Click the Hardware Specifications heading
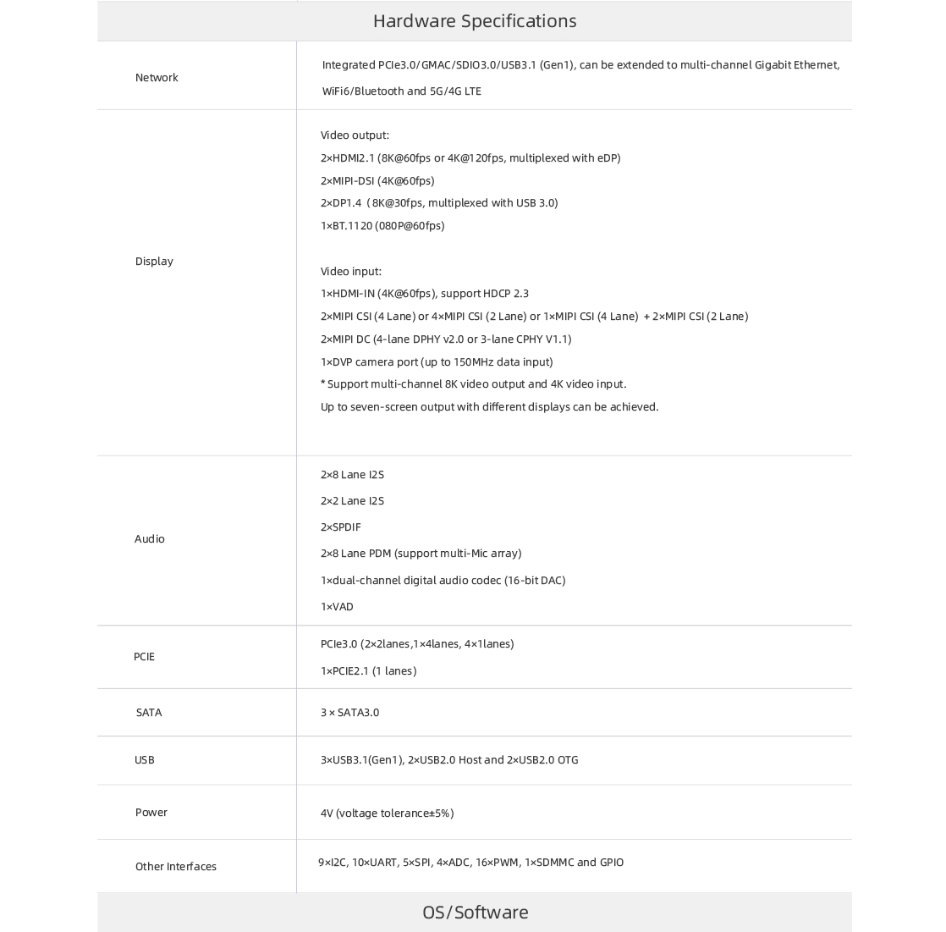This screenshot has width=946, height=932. (475, 21)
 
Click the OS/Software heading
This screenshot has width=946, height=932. (475, 912)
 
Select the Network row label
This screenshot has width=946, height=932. (157, 78)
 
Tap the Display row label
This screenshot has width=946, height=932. (154, 262)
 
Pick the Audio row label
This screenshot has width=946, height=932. (150, 539)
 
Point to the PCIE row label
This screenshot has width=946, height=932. (144, 657)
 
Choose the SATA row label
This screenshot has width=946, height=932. (149, 713)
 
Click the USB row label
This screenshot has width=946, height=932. (145, 760)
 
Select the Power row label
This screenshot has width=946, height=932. (151, 813)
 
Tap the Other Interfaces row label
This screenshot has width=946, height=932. (176, 867)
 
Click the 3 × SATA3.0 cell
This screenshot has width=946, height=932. (349, 713)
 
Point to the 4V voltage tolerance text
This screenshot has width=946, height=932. (387, 813)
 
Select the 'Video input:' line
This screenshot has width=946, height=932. (351, 272)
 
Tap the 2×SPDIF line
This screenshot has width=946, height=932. (340, 527)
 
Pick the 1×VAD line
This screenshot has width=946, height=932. (337, 607)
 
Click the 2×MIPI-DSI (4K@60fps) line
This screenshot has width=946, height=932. (377, 181)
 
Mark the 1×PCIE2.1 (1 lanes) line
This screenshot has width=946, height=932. (368, 671)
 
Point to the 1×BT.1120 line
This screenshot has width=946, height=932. (382, 226)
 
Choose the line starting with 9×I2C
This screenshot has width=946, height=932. (470, 863)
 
